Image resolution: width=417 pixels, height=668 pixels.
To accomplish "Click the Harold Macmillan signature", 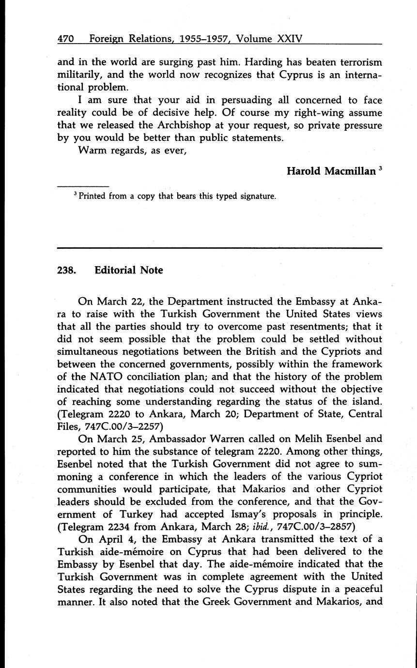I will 331,171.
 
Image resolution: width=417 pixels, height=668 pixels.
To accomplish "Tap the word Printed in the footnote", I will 92,197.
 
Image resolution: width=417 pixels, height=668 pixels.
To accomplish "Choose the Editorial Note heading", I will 129,270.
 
